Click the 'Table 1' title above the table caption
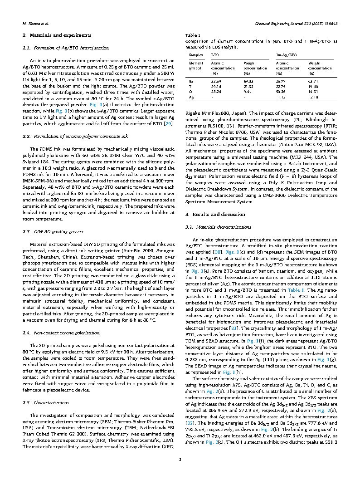point(193,35)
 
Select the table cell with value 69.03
point(248,81)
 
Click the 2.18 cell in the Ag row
point(314,97)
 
